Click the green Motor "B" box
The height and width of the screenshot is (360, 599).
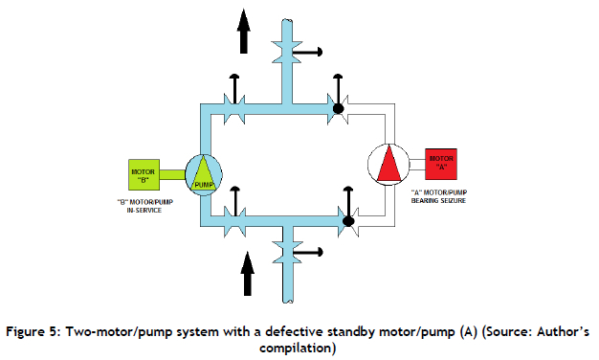click(144, 174)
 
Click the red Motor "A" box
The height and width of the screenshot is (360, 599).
click(441, 164)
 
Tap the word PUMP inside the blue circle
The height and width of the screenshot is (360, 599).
click(204, 185)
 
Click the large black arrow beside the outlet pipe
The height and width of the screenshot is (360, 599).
click(243, 32)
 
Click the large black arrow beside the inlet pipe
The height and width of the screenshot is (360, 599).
click(248, 274)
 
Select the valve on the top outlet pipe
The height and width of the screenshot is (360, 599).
click(287, 52)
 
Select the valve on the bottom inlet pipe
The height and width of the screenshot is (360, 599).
click(288, 252)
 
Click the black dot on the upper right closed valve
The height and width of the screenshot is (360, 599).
click(338, 109)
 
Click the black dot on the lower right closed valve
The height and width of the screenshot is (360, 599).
click(348, 221)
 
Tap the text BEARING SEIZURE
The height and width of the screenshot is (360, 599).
click(438, 201)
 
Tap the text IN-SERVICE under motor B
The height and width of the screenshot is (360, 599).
click(144, 211)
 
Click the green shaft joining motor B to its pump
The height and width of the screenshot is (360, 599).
click(172, 174)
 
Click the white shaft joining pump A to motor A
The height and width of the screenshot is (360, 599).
click(417, 165)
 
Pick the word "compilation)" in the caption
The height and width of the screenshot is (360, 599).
click(298, 349)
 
